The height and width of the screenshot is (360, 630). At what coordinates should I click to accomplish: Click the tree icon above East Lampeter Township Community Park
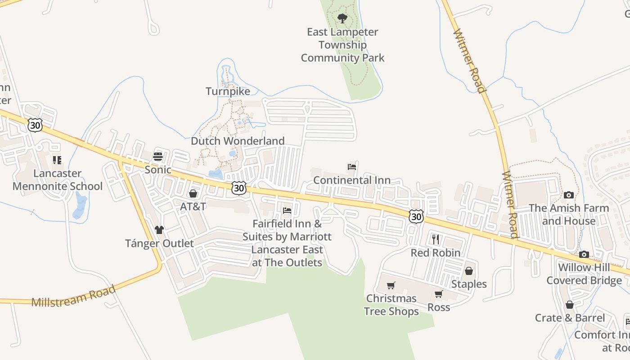pos(342,18)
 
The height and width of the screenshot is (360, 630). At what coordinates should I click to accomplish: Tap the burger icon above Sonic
pos(158,157)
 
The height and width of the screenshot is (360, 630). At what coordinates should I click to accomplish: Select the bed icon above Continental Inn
pos(352,167)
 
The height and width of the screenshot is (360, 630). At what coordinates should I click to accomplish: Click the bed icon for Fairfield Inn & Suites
pos(287,211)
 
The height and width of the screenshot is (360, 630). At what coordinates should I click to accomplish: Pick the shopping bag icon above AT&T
pos(193,193)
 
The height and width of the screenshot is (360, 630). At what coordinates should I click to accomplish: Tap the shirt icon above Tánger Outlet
pos(159,230)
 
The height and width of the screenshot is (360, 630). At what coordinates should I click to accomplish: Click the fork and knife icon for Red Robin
pos(435,239)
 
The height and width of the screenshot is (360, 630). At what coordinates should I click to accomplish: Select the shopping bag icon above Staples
pos(469,271)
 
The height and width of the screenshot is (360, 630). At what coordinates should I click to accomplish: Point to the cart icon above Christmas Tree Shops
pos(391,285)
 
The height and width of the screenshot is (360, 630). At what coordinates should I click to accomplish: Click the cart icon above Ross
pos(439,294)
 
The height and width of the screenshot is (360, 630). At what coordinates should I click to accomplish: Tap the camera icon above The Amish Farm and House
pos(569,195)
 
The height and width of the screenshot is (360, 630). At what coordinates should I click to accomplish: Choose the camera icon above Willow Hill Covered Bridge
pos(584,254)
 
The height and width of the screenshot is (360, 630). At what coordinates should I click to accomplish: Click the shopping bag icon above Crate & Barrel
pos(570,305)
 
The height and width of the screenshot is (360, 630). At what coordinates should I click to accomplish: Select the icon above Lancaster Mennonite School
pos(57,160)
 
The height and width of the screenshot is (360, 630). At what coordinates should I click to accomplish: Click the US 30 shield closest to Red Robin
pos(417,216)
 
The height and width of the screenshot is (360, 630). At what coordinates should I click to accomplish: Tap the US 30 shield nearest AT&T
pos(239,188)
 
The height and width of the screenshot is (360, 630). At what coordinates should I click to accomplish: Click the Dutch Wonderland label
pos(238,141)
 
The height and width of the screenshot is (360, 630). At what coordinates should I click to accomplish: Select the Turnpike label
pos(228,91)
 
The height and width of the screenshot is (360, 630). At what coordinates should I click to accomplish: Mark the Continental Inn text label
pos(352,180)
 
